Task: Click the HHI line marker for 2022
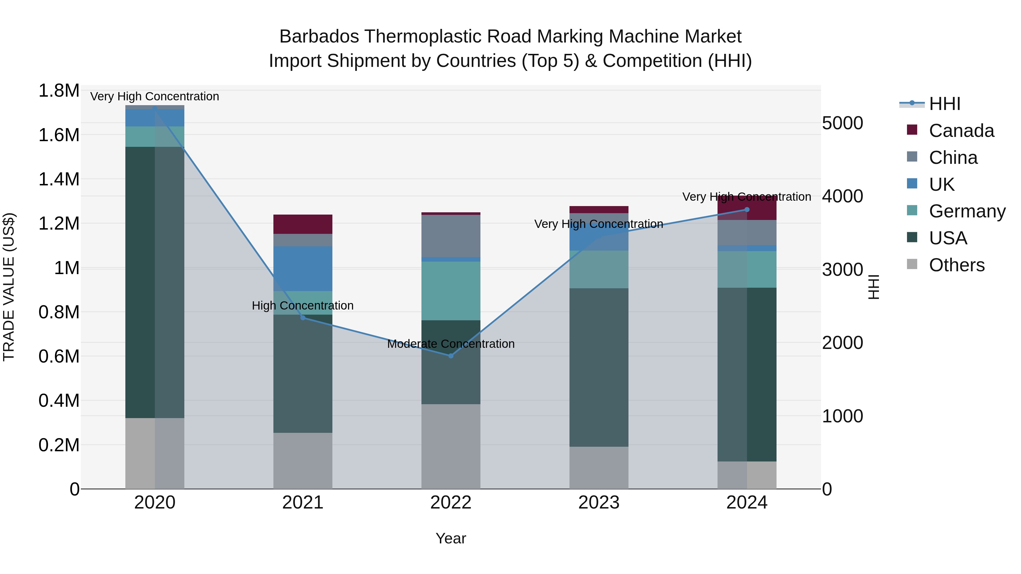(x=451, y=356)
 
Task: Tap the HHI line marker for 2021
(x=303, y=318)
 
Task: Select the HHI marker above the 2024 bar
(x=747, y=209)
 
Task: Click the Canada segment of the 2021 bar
(x=303, y=224)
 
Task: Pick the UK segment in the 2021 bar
(x=303, y=269)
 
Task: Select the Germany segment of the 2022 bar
(x=451, y=291)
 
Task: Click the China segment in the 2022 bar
(x=451, y=236)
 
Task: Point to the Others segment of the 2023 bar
(x=599, y=467)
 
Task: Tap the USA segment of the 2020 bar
(x=155, y=282)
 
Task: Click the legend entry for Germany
(x=967, y=211)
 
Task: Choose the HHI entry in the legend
(x=944, y=104)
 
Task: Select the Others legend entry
(x=956, y=265)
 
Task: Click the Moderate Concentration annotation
(x=451, y=344)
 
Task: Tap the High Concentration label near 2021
(x=303, y=305)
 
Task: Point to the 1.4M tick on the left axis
(x=59, y=179)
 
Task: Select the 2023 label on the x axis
(x=599, y=503)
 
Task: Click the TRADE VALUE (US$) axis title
(x=9, y=287)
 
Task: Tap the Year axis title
(x=451, y=538)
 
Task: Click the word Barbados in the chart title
(x=319, y=37)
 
